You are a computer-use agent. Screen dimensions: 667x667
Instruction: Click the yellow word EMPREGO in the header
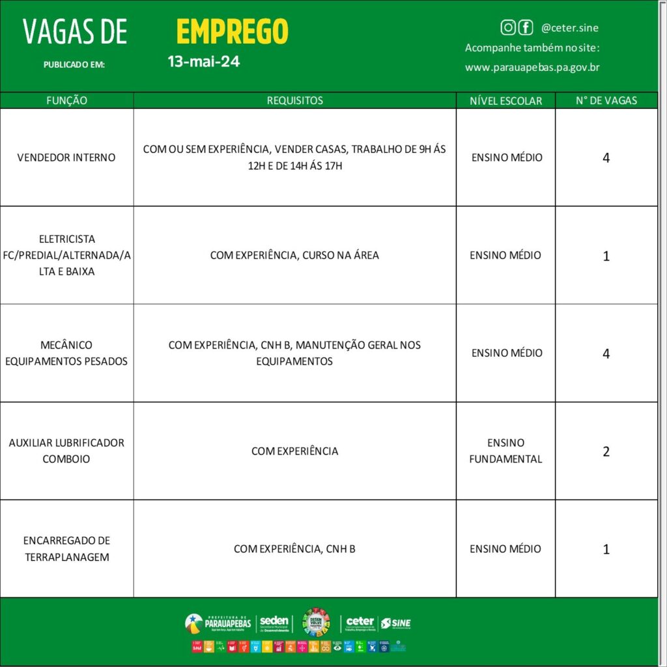(x=232, y=31)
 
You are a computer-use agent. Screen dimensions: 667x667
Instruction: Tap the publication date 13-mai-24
(x=203, y=62)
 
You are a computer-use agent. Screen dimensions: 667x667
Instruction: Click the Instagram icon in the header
(x=508, y=27)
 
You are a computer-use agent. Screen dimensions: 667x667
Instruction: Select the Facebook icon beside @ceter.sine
(x=526, y=27)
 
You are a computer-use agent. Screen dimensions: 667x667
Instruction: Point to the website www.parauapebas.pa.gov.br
(x=532, y=67)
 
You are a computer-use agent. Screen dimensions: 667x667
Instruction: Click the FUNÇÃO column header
(x=66, y=100)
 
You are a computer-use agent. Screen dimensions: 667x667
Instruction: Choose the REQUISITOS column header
(x=294, y=100)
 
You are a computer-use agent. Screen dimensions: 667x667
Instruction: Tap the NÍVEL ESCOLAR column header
(x=505, y=101)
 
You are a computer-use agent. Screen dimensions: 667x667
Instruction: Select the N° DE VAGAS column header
(x=606, y=100)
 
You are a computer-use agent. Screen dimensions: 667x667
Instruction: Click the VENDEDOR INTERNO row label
(x=66, y=157)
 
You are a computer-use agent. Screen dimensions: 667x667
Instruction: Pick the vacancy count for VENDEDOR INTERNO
(x=606, y=158)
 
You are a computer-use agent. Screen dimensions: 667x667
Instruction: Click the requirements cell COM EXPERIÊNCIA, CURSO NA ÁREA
(x=294, y=255)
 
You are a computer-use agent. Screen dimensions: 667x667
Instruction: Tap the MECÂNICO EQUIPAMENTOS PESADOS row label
(x=66, y=353)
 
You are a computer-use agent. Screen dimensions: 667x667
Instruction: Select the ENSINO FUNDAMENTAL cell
(x=505, y=451)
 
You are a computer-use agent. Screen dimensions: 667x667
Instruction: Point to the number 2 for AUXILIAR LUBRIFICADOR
(x=606, y=451)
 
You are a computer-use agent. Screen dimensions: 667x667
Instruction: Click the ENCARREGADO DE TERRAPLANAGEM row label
(x=66, y=548)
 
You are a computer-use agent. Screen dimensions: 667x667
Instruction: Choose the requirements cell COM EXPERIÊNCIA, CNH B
(x=294, y=549)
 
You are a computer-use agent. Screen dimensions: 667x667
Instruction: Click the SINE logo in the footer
(x=396, y=623)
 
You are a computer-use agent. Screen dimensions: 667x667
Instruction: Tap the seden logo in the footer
(x=274, y=623)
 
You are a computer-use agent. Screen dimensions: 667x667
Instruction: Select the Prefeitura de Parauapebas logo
(x=218, y=623)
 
